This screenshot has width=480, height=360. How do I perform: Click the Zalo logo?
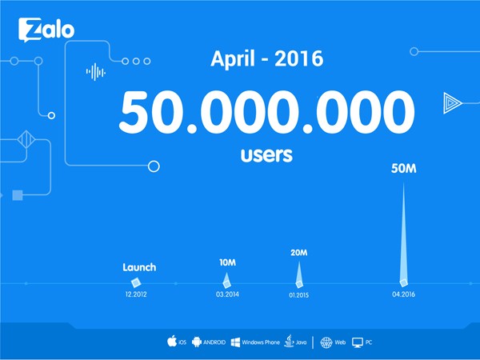[x=46, y=30]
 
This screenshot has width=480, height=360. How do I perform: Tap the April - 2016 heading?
[x=267, y=58]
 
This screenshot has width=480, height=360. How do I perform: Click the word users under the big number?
[x=266, y=155]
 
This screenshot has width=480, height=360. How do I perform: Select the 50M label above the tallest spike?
[x=403, y=169]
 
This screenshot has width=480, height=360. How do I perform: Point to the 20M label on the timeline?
[x=298, y=253]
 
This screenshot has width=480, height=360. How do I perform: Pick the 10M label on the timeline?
[x=227, y=262]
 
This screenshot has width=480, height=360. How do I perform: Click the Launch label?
[x=139, y=267]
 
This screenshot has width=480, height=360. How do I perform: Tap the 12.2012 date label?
[x=136, y=294]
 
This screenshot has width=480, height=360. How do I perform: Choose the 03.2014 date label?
[x=227, y=294]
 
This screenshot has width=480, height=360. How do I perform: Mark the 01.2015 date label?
[x=298, y=295]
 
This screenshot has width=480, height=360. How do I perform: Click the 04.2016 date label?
[x=403, y=294]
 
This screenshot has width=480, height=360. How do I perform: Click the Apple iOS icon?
[x=172, y=341]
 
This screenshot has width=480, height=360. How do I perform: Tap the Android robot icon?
[x=197, y=342]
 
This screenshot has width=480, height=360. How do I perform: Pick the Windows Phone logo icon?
[x=235, y=342]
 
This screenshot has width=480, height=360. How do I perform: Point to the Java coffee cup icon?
[x=289, y=341]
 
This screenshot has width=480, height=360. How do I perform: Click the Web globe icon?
[x=326, y=342]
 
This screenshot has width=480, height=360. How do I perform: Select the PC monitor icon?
[x=358, y=342]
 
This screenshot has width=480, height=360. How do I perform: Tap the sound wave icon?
[x=96, y=72]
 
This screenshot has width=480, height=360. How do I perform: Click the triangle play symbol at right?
[x=452, y=103]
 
